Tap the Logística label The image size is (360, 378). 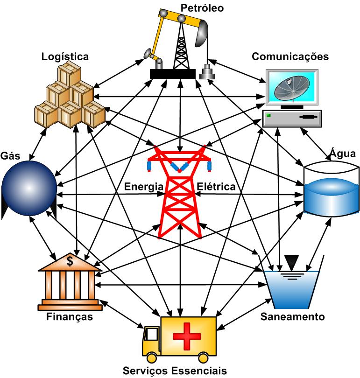pos(65,56)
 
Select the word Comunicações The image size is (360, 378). pos(290,56)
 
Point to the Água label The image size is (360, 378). pos(343,154)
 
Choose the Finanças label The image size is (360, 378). pos(69,317)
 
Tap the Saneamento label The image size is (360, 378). pos(292,317)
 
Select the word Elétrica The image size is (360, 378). pos(216,187)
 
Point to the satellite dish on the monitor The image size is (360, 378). pos(291,87)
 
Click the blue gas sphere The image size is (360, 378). pos(28,188)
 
